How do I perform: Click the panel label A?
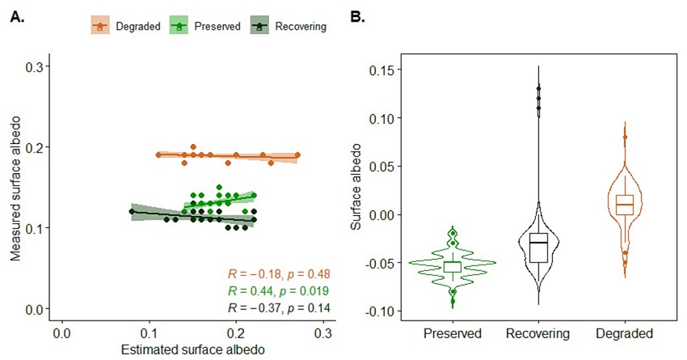pyautogui.click(x=15, y=15)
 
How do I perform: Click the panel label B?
pyautogui.click(x=356, y=15)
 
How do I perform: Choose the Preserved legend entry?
pyautogui.click(x=208, y=26)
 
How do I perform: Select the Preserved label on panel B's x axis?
pyautogui.click(x=453, y=333)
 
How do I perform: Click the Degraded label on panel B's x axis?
pyautogui.click(x=623, y=333)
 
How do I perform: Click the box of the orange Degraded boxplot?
pyautogui.click(x=623, y=204)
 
